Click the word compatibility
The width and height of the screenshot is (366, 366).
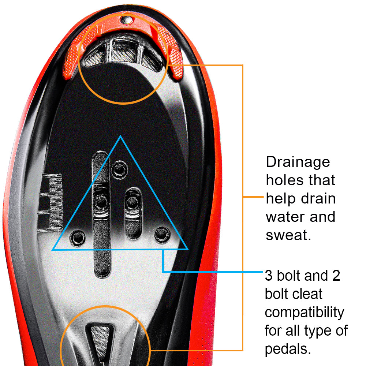[305, 313]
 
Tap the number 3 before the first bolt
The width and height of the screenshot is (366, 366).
[269, 276]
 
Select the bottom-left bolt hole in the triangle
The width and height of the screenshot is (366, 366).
[78, 238]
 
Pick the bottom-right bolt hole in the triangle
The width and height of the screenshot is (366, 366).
[162, 235]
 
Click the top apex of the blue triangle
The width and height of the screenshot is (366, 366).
[120, 136]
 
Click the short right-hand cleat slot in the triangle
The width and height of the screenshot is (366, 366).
[133, 213]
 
